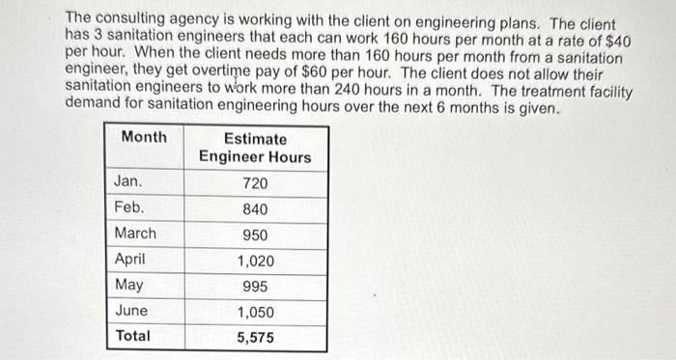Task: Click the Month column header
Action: coord(144,137)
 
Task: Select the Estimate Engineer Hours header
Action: coord(255,148)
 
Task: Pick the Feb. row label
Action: coord(128,208)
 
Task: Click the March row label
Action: coord(134,234)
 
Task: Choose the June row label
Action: coord(130,311)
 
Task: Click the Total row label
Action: coord(132,336)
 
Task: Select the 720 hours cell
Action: coord(255,182)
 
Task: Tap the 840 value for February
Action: coord(255,208)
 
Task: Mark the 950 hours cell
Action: coord(255,235)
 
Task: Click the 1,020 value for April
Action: coord(255,261)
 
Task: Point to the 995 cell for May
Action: coord(255,287)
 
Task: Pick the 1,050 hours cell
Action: coord(255,312)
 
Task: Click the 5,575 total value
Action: coord(255,338)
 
